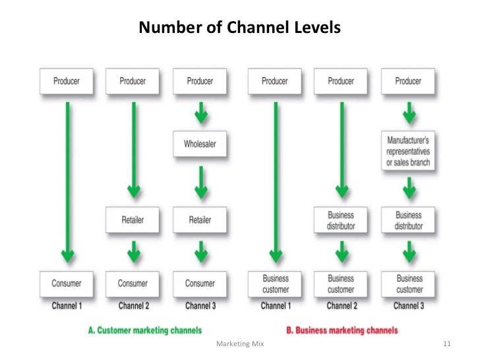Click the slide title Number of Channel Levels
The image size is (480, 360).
[x=239, y=28]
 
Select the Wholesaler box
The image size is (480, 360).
[x=199, y=144]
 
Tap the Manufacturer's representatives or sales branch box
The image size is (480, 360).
[x=408, y=151]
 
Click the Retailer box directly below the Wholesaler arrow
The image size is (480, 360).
[x=199, y=220]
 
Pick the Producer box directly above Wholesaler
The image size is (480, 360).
[x=199, y=81]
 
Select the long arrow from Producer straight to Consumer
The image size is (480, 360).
[x=66, y=178]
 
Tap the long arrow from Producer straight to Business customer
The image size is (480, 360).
[x=275, y=178]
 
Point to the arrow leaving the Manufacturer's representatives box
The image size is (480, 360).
[x=408, y=189]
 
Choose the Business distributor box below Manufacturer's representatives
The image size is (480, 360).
[x=408, y=220]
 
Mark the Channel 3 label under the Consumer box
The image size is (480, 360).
[x=199, y=306]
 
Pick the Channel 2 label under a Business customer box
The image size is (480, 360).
[x=341, y=306]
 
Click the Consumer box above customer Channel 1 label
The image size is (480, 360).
[x=66, y=284]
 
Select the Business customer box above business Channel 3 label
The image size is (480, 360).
[x=408, y=284]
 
